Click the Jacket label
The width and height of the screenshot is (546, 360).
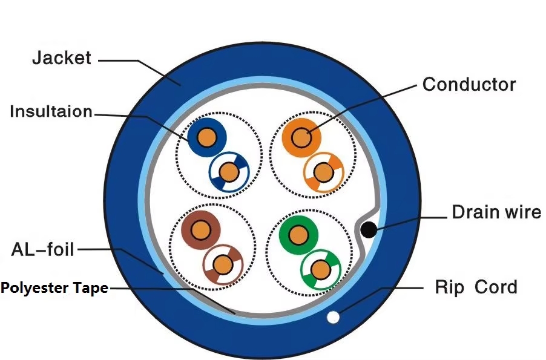click(62, 58)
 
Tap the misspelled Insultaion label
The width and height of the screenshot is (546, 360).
click(51, 111)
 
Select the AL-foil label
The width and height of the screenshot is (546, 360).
click(42, 249)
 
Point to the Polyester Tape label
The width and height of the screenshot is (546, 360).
click(54, 288)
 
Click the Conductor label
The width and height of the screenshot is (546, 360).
click(469, 84)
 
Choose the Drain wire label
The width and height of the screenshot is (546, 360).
click(496, 212)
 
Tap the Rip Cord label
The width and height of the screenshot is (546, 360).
click(476, 287)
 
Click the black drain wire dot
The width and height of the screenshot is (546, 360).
click(369, 229)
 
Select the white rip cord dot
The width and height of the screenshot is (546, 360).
click(334, 317)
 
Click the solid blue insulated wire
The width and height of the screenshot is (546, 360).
click(207, 138)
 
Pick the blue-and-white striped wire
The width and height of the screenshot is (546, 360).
click(229, 172)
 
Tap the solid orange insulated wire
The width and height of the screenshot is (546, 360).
click(301, 138)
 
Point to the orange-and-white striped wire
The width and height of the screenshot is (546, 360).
click(323, 172)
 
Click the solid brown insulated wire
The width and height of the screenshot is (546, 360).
click(201, 230)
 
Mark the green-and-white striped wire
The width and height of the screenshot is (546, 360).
click(321, 270)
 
